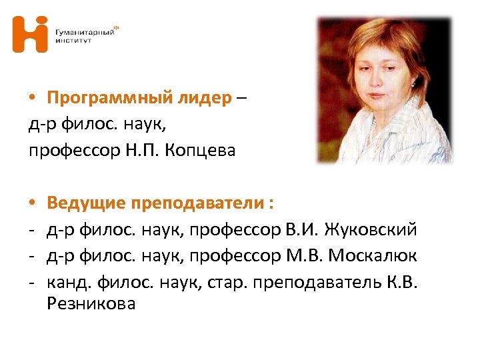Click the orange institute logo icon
tap(31, 34)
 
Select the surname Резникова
tap(91, 304)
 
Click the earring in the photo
tap(414, 84)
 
